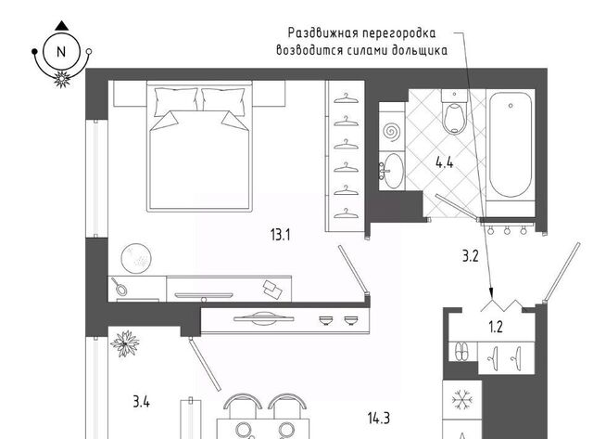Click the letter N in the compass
pos(61,52)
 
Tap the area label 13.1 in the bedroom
pos(280,235)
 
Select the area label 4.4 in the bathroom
pos(445,162)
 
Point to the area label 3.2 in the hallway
pos(471,256)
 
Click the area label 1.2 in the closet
pos(496,327)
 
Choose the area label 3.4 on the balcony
pos(142,401)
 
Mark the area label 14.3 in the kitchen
pos(379,419)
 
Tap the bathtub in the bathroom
pos(511,145)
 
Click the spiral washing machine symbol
pos(391,132)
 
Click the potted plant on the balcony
pos(124,343)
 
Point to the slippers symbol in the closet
pos(461,352)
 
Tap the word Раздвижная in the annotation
pos(323,33)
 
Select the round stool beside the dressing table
pos(136,258)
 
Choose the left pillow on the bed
pos(176,101)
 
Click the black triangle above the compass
pos(62,26)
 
